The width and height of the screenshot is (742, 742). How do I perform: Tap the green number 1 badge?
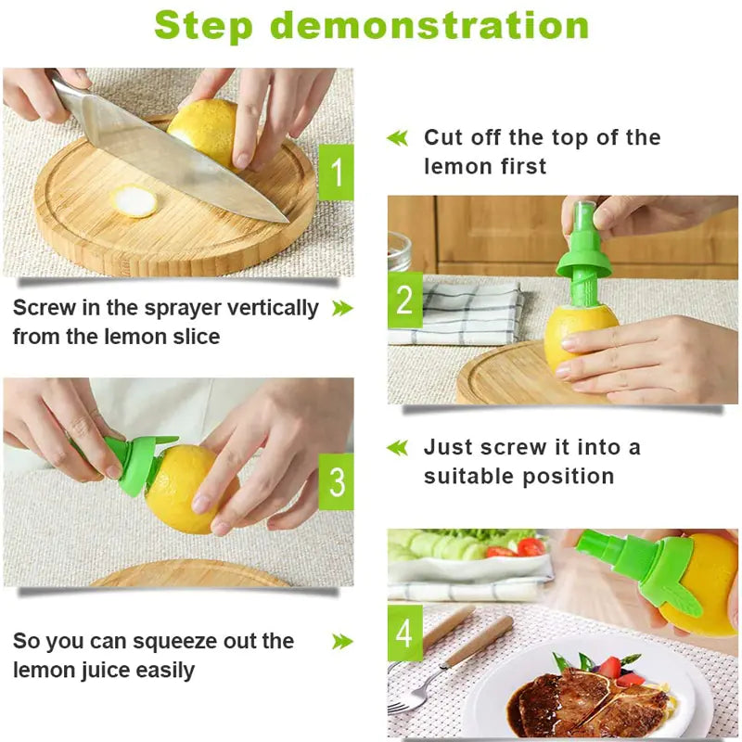point(336,173)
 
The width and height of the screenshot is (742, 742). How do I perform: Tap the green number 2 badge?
point(404,301)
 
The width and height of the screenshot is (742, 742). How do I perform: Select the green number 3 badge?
point(336,481)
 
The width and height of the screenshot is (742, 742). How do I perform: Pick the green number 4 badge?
point(404,633)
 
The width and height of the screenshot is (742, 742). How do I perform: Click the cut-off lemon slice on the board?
point(135,201)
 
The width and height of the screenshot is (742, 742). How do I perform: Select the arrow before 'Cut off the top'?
point(397,138)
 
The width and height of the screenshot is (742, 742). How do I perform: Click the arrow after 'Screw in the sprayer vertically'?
point(342,308)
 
